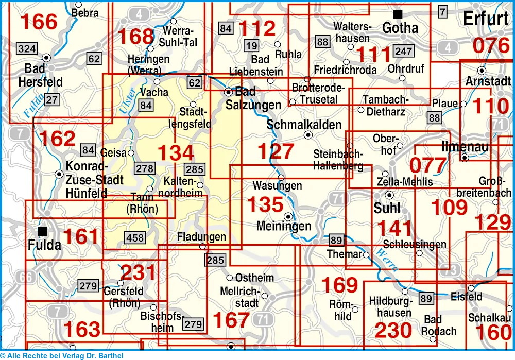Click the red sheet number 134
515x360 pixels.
point(176,153)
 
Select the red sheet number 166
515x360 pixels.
point(39,22)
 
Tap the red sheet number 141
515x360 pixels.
point(395,229)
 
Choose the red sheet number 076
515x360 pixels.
point(491,46)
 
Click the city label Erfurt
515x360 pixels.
point(486,19)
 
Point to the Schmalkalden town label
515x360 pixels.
point(304,125)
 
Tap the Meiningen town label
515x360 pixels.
point(284,226)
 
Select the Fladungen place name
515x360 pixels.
point(201,237)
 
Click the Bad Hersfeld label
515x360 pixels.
point(40,75)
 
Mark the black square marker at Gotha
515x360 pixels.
point(397,14)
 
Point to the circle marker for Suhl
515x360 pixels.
point(389,195)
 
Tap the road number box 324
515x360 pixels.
point(27,49)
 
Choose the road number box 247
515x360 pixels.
point(402,52)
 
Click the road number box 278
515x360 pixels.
point(145,168)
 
